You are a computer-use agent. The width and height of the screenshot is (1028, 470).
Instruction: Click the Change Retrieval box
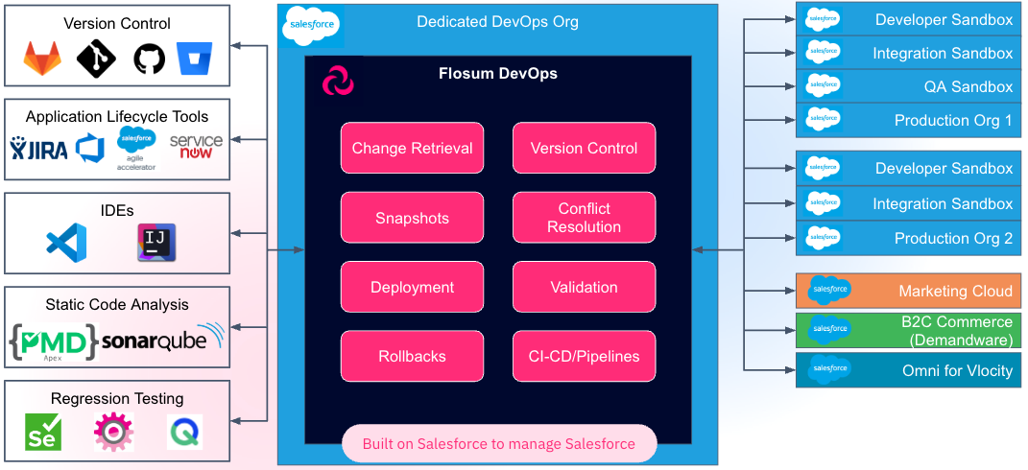412,148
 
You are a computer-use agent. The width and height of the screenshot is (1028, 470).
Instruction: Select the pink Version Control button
584,148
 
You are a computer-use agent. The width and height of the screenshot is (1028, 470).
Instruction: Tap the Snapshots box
412,218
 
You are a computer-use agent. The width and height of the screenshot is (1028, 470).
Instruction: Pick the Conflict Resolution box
584,218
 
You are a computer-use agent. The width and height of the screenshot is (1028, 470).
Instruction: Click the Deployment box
412,287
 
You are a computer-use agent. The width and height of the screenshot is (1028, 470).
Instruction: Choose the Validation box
584,287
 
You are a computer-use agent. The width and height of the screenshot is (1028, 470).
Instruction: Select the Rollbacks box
412,356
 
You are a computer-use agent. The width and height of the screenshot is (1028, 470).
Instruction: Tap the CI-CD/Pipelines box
584,356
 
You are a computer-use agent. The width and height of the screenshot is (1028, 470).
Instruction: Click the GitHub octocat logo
149,59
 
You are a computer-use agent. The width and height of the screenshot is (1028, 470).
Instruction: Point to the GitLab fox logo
42,59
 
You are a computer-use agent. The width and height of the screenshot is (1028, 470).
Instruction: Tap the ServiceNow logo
195,147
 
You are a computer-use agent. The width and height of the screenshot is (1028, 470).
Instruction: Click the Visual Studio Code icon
66,241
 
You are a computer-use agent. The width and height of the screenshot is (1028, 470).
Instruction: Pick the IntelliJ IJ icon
155,241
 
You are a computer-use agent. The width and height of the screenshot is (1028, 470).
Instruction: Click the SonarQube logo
161,341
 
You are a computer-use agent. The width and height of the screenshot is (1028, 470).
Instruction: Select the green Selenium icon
43,433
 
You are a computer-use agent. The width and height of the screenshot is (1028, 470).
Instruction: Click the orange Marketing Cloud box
908,291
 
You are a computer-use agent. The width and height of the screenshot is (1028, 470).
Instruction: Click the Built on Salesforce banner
499,444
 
